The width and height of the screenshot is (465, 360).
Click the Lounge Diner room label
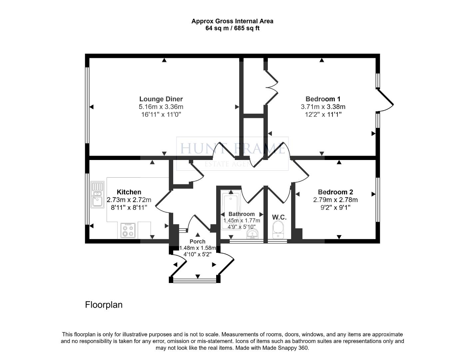pos(161,99)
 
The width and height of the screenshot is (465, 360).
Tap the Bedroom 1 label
pos(323,99)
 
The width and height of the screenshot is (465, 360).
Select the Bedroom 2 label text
pos(335,192)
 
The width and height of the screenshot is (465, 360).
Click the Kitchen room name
pos(129,192)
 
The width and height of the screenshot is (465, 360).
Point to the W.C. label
pos(279,217)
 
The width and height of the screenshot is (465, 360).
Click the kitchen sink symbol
pos(97,195)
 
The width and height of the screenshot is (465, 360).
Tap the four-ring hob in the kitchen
pos(128,230)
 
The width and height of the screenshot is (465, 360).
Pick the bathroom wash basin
pos(252,234)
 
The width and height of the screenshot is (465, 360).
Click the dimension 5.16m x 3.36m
pos(161,107)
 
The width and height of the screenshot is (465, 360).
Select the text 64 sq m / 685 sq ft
pos(232,28)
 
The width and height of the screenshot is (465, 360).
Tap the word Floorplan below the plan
pos(104,305)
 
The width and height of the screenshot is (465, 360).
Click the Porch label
pos(198,241)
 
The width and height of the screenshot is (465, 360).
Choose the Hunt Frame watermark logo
pos(232,153)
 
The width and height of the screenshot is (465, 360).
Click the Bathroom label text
pos(241,214)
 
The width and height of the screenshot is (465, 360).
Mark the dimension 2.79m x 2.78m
pos(335,200)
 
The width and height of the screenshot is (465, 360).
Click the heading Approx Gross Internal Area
pos(232,21)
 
